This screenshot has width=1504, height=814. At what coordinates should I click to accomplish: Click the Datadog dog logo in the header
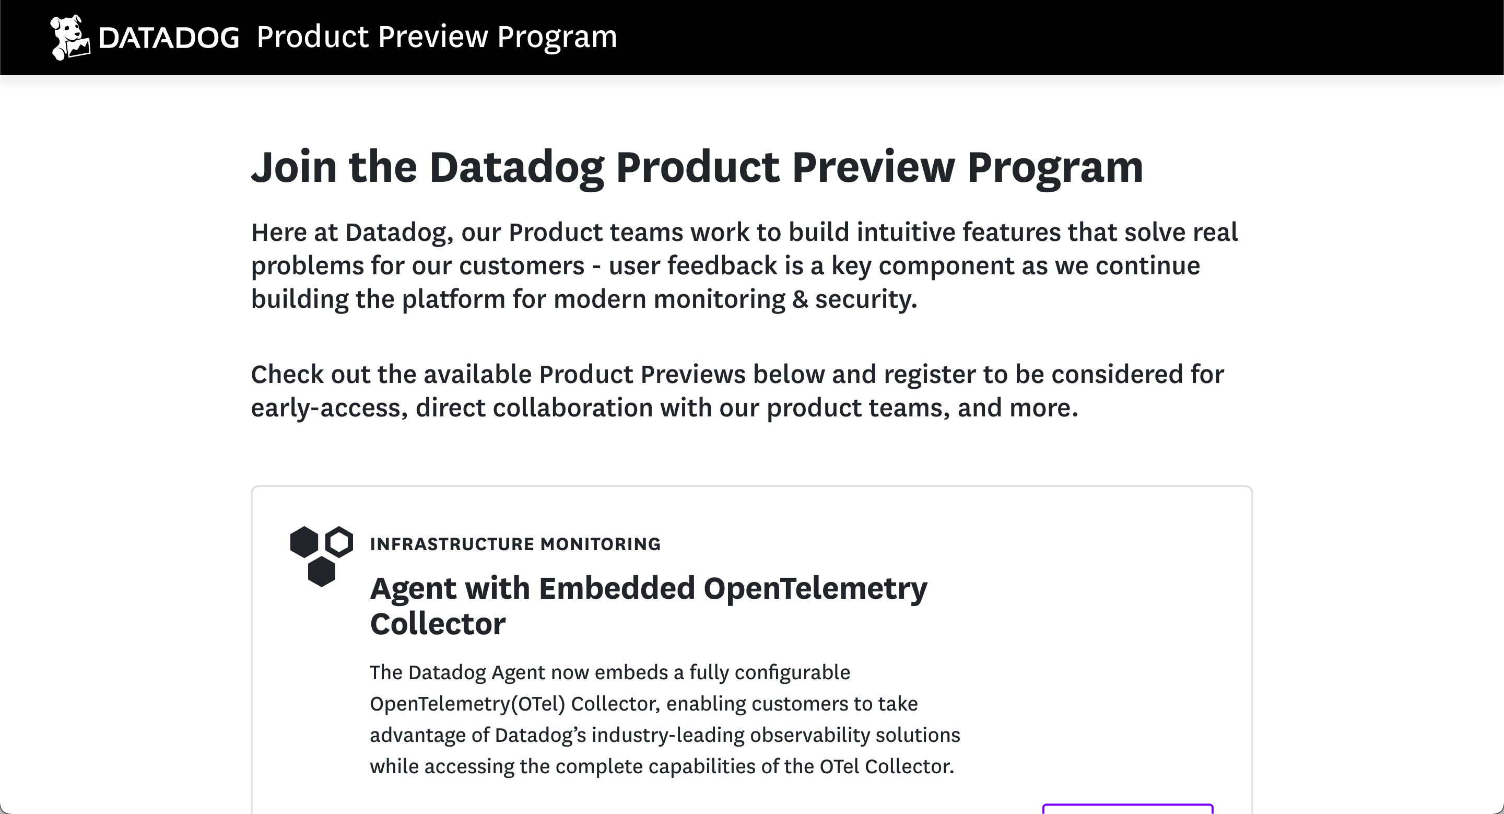pyautogui.click(x=70, y=38)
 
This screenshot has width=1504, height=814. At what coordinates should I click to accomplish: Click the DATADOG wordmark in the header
pyautogui.click(x=169, y=38)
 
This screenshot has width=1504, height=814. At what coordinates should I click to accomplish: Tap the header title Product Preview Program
pyautogui.click(x=437, y=37)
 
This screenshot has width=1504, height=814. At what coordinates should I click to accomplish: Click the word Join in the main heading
pyautogui.click(x=294, y=167)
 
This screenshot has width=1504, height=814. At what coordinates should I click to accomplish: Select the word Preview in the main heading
pyautogui.click(x=873, y=167)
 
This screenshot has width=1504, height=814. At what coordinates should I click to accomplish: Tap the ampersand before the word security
pyautogui.click(x=800, y=299)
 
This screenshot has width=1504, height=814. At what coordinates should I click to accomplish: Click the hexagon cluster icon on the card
pyautogui.click(x=322, y=556)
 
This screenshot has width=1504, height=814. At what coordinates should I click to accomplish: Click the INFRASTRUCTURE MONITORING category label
pyautogui.click(x=515, y=544)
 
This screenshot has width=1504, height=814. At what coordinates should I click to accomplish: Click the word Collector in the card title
pyautogui.click(x=438, y=624)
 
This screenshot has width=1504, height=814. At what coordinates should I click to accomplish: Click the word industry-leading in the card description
pyautogui.click(x=668, y=735)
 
